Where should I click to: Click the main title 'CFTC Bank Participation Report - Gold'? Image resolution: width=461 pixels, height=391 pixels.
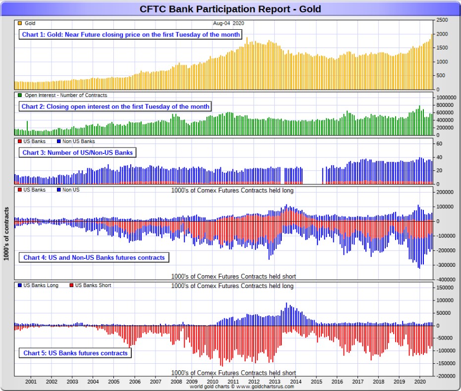click(230, 9)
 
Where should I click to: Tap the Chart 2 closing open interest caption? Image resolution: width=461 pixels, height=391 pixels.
click(115, 106)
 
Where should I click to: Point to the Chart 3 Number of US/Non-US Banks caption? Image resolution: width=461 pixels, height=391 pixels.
click(77, 152)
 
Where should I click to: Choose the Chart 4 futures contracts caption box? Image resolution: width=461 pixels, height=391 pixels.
click(94, 257)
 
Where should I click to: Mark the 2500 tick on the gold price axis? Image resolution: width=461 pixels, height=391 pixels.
click(442, 20)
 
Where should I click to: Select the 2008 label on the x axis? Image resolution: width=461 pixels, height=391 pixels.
click(176, 382)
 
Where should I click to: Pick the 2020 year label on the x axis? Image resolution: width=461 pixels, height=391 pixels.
click(419, 382)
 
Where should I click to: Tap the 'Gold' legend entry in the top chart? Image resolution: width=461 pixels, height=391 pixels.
click(29, 23)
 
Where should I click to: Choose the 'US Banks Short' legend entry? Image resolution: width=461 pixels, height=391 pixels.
click(92, 285)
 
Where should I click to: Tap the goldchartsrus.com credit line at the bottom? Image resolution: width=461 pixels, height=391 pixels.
click(242, 386)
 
